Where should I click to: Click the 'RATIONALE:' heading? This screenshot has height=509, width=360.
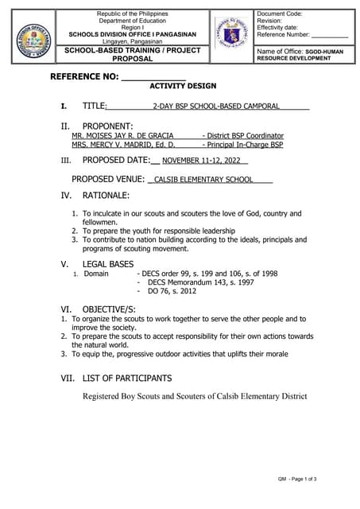[x=106, y=195]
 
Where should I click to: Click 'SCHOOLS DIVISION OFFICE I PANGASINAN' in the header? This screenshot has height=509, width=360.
[x=128, y=34]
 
